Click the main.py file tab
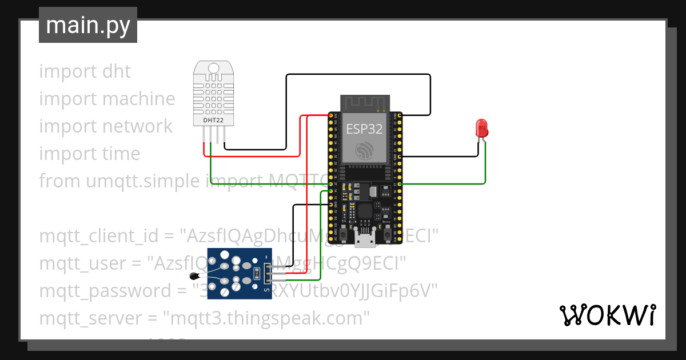(x=87, y=25)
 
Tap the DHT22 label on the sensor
(x=214, y=121)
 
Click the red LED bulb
(x=481, y=126)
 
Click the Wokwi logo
(x=607, y=315)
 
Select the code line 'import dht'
(x=85, y=71)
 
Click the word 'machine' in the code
(x=140, y=99)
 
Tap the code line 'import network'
(x=106, y=126)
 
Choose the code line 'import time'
(x=89, y=154)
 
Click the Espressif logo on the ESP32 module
(x=364, y=151)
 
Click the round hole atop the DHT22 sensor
(x=214, y=69)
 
